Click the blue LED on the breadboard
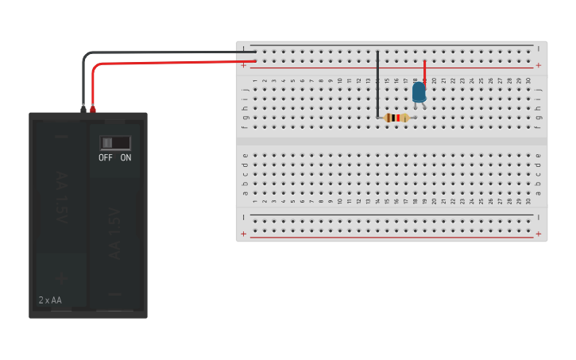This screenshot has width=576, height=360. point(419,92)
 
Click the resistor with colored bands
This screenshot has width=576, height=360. point(396,118)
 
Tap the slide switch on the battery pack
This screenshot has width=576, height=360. point(115,142)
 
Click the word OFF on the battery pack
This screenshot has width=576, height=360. point(106,157)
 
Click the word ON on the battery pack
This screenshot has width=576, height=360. point(126,157)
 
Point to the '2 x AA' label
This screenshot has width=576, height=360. point(50,300)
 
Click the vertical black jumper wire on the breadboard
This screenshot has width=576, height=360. point(377,83)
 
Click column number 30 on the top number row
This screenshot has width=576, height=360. point(528,80)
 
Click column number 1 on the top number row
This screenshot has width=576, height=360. point(255,80)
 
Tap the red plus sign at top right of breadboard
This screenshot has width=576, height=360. point(539,65)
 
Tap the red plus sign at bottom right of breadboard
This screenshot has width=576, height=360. point(539,234)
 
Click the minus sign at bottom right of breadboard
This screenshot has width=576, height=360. point(539,217)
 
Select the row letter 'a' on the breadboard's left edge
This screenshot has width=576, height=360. point(245,192)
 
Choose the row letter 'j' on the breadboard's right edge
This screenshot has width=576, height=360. point(539,90)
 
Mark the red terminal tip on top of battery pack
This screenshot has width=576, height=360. point(93,107)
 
